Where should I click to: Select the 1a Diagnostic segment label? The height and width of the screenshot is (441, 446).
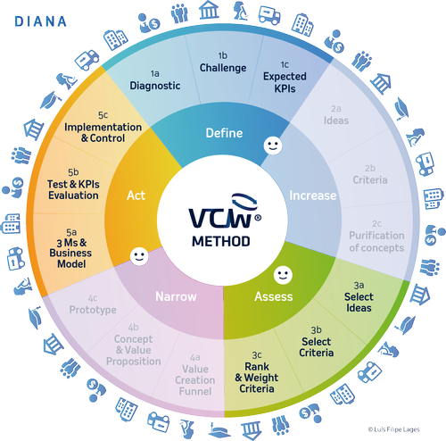point(154,80)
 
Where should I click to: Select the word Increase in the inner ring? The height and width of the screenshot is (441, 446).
point(313,195)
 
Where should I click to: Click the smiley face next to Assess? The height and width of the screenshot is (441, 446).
point(282,272)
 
